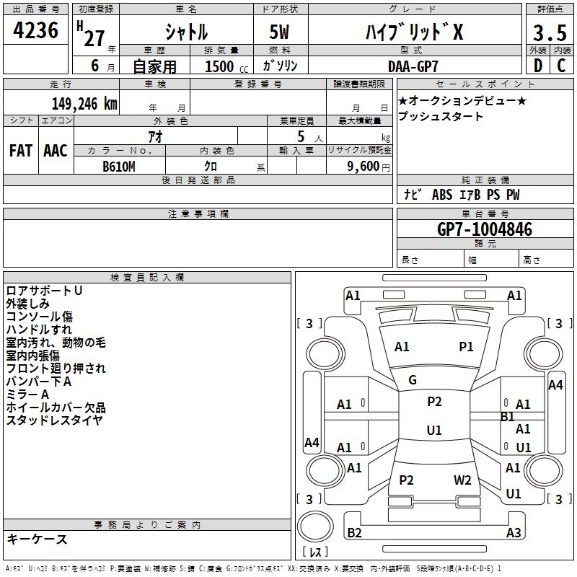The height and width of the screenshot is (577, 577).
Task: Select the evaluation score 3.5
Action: [549, 33]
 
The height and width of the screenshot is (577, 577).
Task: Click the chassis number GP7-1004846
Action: [485, 230]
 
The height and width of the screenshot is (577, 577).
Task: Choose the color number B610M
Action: [119, 166]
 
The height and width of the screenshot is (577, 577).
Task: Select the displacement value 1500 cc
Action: [219, 66]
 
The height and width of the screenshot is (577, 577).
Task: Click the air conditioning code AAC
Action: [56, 151]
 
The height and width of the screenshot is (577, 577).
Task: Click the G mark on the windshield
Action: [413, 380]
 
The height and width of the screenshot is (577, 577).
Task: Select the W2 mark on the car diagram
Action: [462, 480]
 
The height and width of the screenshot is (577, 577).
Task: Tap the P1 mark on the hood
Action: [467, 347]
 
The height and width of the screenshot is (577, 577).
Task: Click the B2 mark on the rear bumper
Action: [355, 532]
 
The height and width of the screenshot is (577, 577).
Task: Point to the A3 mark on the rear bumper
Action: [514, 532]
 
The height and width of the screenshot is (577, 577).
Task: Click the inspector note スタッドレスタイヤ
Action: [54, 420]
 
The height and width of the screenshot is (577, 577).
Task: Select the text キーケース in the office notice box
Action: [37, 539]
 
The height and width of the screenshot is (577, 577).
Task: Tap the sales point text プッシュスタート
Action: [441, 117]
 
